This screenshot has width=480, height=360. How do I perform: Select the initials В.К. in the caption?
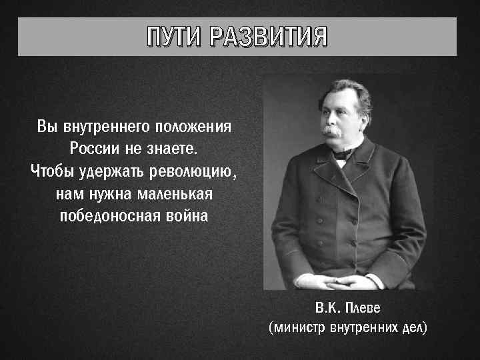coord(327,309)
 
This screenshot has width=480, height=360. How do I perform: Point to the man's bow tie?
coord(344,154)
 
